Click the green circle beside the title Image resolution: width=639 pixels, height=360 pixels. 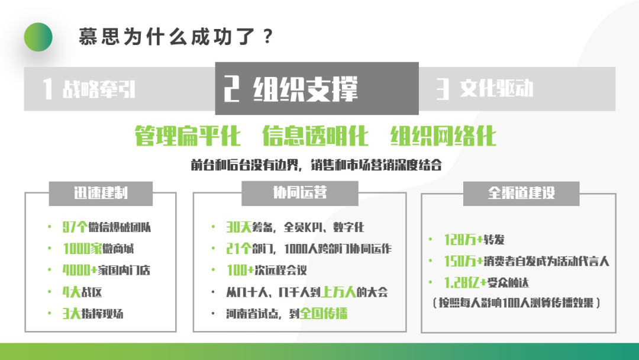click(x=38, y=37)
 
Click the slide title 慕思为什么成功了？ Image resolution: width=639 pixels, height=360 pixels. click(x=176, y=37)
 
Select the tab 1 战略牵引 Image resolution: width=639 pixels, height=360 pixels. click(x=89, y=88)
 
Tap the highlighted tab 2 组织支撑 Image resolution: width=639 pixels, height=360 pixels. click(x=291, y=88)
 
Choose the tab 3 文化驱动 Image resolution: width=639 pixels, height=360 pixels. click(x=484, y=88)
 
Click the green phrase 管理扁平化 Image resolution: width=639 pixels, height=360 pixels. click(x=188, y=136)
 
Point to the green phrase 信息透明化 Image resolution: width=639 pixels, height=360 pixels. click(x=315, y=136)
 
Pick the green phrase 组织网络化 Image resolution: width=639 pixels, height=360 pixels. click(x=443, y=136)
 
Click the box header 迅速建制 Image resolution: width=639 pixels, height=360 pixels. click(x=101, y=193)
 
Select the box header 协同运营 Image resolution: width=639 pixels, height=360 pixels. click(x=300, y=192)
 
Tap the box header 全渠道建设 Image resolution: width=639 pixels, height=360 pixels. click(x=521, y=193)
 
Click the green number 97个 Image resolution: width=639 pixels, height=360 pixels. click(x=75, y=227)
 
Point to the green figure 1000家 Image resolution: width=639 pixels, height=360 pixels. click(x=82, y=249)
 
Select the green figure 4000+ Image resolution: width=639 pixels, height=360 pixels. click(x=80, y=271)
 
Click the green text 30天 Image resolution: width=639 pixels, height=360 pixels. click(x=239, y=227)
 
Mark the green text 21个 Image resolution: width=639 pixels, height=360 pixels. click(x=238, y=249)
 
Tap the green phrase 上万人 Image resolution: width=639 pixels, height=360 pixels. click(x=339, y=292)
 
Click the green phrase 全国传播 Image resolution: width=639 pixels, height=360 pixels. click(x=324, y=314)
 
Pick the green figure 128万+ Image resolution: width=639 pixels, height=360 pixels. click(x=464, y=239)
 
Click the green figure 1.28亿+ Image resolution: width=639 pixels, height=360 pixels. click(x=466, y=282)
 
